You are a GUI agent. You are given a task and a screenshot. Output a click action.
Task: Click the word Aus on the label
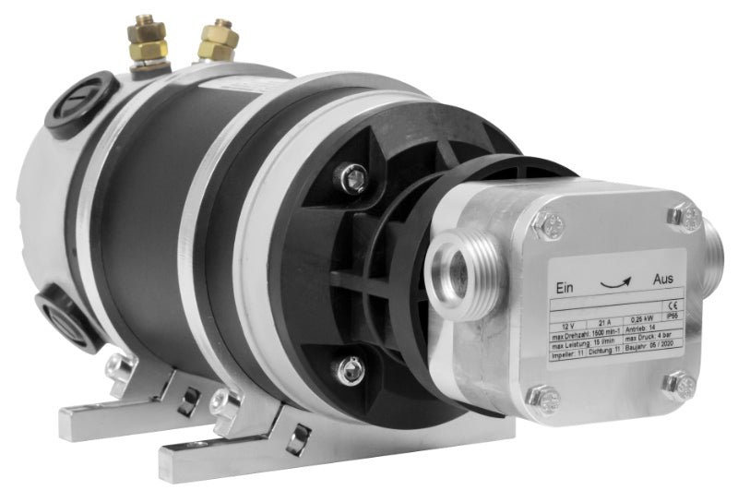point(662,277)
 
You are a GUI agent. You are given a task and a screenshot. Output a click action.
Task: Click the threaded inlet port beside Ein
point(458,276)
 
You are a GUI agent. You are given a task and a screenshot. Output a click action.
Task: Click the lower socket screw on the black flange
point(350,371)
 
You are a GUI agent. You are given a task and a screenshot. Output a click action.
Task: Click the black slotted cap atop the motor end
point(77,102)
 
